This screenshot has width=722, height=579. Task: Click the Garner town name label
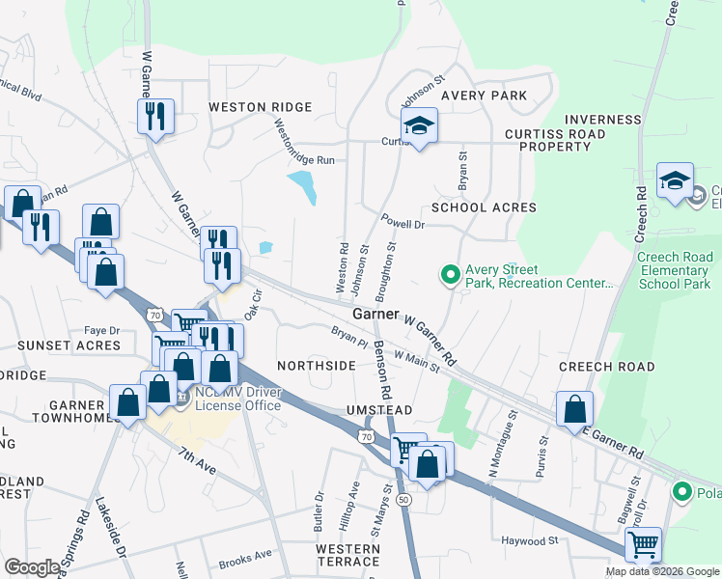point(375,315)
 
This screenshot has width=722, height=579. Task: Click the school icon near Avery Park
point(420,125)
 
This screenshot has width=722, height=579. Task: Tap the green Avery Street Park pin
point(449,276)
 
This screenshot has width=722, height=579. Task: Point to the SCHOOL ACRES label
point(484,207)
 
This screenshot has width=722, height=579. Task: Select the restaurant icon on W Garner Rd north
point(155,117)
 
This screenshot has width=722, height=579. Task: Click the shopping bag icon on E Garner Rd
point(574,407)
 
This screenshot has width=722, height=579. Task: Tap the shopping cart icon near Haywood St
point(643,544)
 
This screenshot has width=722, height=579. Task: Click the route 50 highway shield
point(403,499)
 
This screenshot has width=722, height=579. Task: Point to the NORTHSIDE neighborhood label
point(317,366)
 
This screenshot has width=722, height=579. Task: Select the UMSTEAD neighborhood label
point(379,410)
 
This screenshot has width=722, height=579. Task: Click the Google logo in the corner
point(32,567)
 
